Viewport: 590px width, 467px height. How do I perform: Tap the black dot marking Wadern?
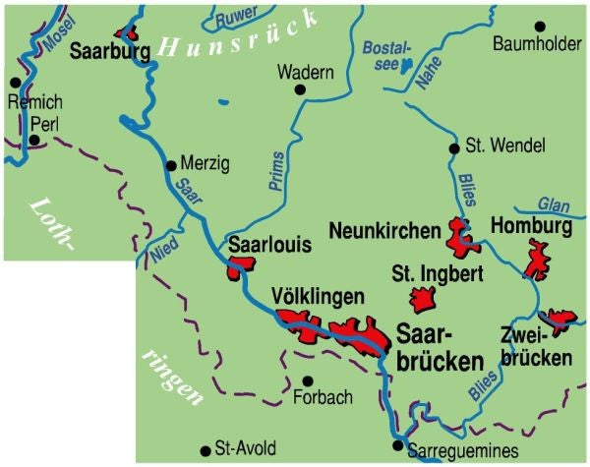302,90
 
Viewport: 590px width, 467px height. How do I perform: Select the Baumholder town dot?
539,27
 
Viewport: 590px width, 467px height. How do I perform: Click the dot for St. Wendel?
453,148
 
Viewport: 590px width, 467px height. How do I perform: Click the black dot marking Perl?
34,141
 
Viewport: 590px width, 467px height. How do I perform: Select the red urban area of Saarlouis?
240,267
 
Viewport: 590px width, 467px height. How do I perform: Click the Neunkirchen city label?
384,232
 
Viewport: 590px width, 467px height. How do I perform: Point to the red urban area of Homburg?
540,260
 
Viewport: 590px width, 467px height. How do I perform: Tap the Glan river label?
555,204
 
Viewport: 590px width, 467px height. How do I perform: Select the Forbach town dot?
308,380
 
